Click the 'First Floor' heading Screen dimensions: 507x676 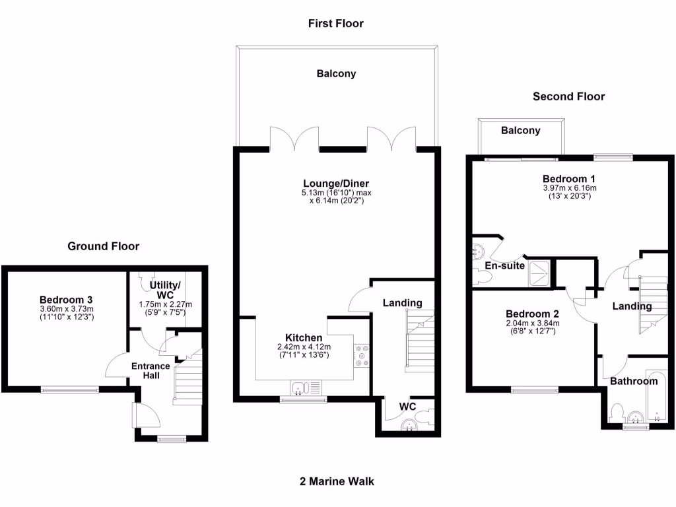click(336, 24)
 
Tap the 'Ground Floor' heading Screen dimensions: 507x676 click(104, 246)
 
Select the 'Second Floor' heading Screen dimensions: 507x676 click(568, 96)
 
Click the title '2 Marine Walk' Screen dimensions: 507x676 click(336, 481)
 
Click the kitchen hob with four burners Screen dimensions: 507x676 click(362, 355)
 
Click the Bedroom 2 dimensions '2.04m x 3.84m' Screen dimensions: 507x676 click(532, 323)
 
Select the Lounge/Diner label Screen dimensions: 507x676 click(336, 184)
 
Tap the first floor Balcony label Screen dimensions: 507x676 click(336, 74)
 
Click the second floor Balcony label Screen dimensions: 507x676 click(520, 131)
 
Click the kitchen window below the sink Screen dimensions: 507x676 click(302, 399)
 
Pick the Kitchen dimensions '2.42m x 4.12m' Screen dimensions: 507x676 click(304, 347)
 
